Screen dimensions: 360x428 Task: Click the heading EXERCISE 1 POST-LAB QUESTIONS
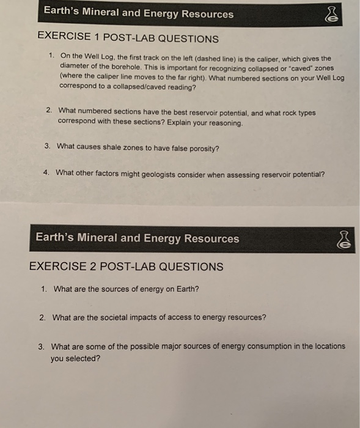128,39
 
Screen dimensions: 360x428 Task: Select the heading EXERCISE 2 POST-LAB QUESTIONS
127,267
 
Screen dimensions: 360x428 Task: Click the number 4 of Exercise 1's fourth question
46,173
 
